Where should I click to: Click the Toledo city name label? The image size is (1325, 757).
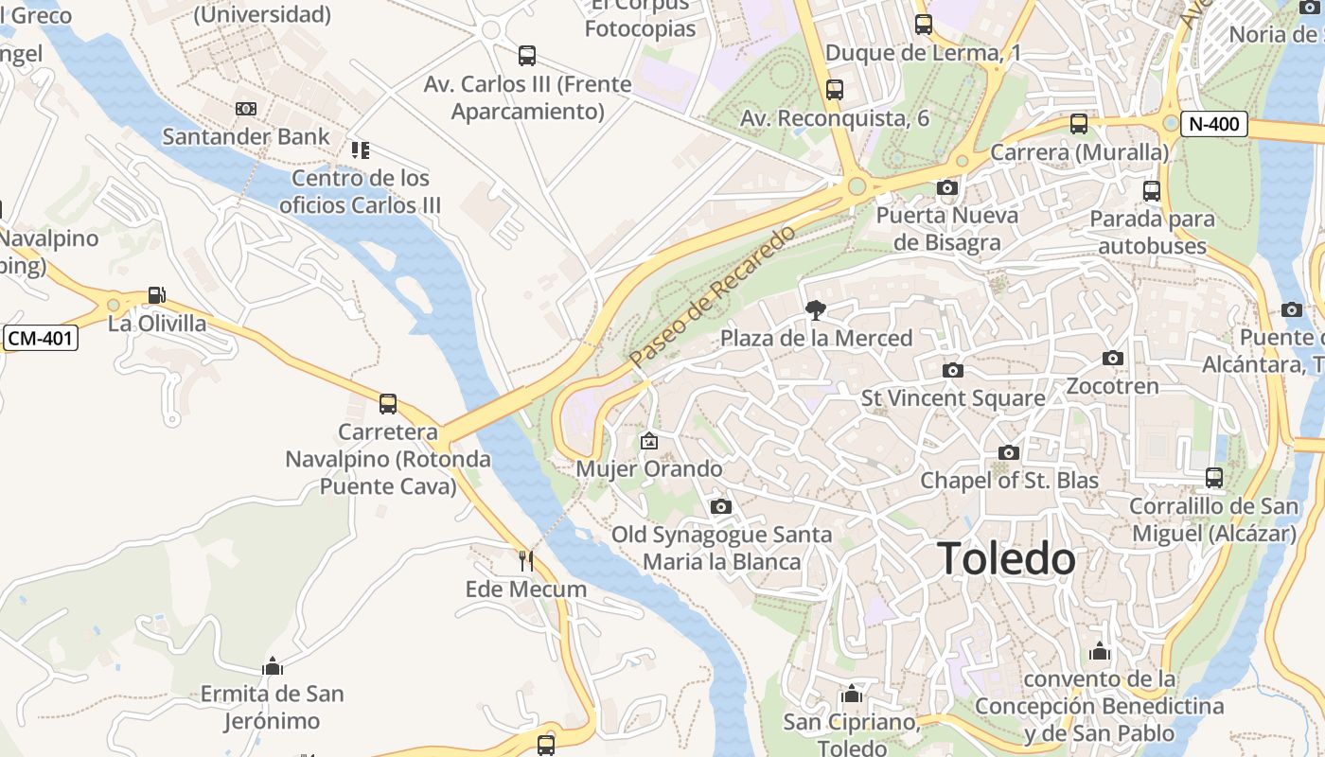[1006, 559]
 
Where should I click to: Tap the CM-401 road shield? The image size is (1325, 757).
[40, 338]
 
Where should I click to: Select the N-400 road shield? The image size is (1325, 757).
[1214, 123]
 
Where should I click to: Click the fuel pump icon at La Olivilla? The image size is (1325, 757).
[157, 296]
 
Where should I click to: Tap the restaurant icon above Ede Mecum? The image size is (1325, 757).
[526, 561]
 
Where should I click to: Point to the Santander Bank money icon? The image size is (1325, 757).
[246, 109]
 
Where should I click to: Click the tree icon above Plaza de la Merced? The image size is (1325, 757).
[815, 309]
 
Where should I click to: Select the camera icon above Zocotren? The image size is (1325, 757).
[1113, 358]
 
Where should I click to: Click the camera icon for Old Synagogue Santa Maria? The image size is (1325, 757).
[721, 506]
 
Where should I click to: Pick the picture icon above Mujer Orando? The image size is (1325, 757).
[649, 441]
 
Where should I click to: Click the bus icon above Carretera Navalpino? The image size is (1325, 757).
[388, 404]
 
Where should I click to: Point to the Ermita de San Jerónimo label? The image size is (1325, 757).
[272, 707]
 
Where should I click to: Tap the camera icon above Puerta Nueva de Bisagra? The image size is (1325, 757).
[946, 187]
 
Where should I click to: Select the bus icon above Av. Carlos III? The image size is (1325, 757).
[527, 56]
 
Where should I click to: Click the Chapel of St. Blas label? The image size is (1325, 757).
[1010, 480]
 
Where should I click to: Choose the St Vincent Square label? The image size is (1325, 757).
[953, 398]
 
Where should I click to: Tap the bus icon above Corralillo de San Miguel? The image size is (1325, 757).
[1214, 478]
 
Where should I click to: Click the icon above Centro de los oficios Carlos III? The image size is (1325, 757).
[361, 150]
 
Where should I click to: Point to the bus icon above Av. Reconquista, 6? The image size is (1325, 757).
[834, 90]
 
